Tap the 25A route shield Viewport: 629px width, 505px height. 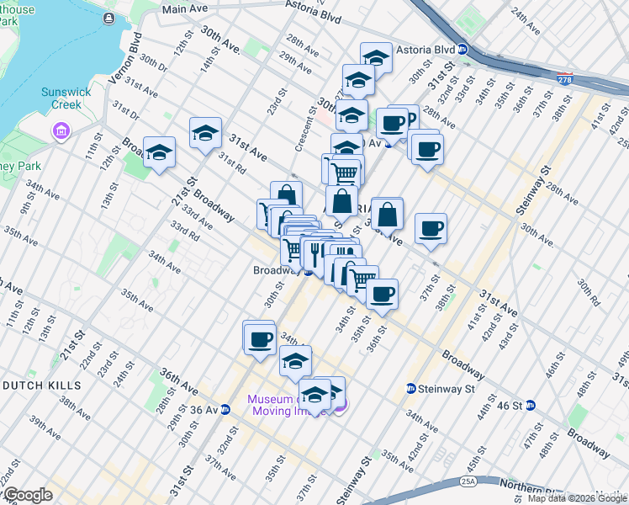point(468,481)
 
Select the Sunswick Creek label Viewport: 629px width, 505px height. point(63,98)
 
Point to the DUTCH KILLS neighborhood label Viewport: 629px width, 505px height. point(41,385)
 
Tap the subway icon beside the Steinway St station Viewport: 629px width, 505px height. point(411,388)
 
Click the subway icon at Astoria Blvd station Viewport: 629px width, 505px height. point(462,50)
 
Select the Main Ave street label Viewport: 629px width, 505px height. point(185,9)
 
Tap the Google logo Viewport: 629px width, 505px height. point(27,495)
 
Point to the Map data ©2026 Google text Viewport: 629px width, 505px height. point(577,498)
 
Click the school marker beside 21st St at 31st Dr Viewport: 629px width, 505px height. point(160,152)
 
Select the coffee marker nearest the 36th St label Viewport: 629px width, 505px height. point(382,294)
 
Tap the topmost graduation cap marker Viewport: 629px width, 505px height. point(376,57)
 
